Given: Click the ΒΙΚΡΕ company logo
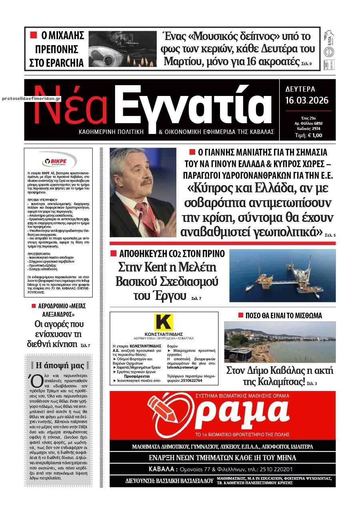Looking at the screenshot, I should [x=58, y=162].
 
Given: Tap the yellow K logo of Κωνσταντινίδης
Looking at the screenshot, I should [x=164, y=323].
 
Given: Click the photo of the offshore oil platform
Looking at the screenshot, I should [x=282, y=275].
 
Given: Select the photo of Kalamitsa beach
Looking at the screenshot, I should [x=280, y=341].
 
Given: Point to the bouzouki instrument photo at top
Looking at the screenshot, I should [x=122, y=49].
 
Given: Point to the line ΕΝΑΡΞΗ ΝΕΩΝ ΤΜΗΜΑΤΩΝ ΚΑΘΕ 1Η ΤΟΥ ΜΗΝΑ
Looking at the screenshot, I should [x=223, y=457].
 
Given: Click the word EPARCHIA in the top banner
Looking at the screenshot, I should [x=56, y=63].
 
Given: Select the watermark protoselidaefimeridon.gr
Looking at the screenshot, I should [x=31, y=98].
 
